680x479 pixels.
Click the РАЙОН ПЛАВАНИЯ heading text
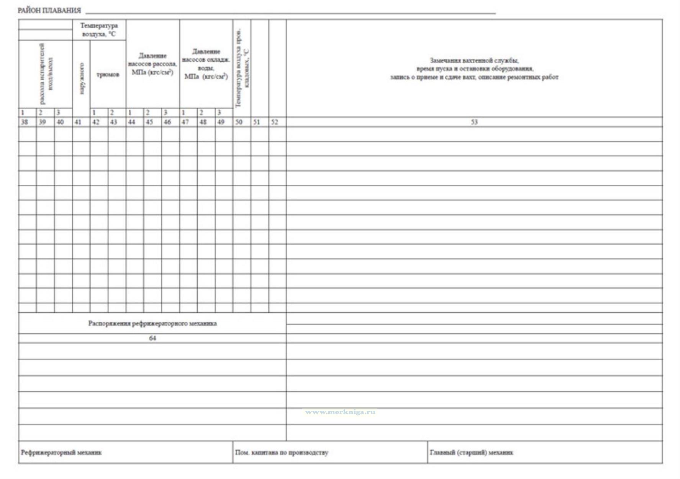tap(49, 10)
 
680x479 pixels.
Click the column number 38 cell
tap(24, 122)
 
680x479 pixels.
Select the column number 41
tap(78, 122)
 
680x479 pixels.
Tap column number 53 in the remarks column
tap(474, 122)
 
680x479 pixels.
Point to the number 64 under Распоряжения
tap(152, 338)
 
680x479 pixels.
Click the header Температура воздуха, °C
tap(99, 30)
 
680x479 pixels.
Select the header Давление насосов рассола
tap(152, 64)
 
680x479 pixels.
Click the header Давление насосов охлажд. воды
tap(206, 64)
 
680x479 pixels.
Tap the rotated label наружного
tap(82, 79)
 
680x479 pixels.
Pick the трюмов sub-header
tap(108, 74)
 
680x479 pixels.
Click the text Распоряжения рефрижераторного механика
tap(152, 323)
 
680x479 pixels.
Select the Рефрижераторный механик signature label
tap(61, 453)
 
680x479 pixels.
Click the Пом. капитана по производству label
tap(282, 453)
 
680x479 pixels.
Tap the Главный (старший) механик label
tap(471, 453)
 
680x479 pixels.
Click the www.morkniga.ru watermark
tap(340, 412)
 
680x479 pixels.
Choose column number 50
tap(239, 122)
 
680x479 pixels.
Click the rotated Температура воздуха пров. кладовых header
tap(242, 68)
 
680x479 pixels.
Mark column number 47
tap(185, 122)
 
